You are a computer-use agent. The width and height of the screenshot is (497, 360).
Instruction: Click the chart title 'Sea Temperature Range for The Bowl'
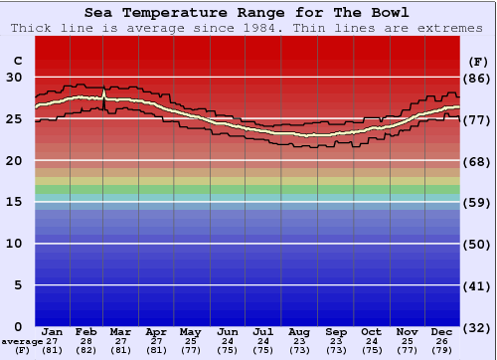click(247, 13)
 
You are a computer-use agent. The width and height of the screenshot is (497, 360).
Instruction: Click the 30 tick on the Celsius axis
click(14, 77)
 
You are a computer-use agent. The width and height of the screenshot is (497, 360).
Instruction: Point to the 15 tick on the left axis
click(14, 202)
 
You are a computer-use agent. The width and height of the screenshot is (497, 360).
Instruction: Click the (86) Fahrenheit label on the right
click(476, 78)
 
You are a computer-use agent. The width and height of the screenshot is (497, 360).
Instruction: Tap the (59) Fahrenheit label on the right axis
click(476, 203)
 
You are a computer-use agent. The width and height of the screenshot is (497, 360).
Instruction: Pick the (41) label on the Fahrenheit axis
click(476, 286)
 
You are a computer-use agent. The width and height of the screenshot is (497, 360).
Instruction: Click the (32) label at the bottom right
click(476, 327)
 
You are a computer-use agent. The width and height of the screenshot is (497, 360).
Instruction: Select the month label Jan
click(54, 331)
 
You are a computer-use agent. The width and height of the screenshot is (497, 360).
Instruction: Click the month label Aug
click(299, 331)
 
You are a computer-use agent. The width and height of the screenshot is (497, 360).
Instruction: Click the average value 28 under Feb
click(86, 340)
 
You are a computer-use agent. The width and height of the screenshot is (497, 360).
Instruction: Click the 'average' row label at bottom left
click(21, 340)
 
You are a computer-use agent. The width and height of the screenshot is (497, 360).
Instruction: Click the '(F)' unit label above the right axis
click(476, 61)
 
